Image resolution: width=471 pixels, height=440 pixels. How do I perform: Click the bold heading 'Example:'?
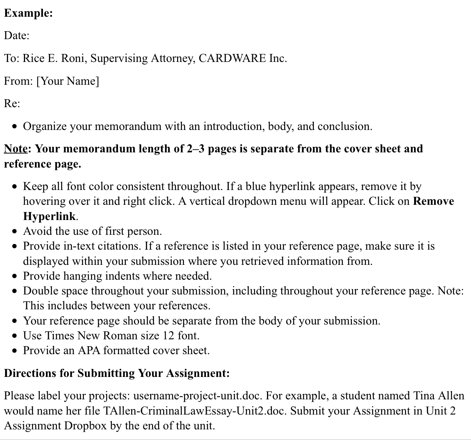28,13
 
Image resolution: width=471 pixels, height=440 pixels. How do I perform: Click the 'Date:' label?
17,36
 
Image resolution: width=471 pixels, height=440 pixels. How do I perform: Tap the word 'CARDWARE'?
232,58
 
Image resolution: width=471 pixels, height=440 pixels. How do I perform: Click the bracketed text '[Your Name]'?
68,81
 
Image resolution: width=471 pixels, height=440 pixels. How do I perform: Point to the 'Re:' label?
12,103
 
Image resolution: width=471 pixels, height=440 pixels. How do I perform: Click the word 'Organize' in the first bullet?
45,126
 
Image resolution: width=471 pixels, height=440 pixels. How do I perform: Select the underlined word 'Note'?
16,149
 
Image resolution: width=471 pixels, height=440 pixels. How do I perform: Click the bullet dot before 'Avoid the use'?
14,231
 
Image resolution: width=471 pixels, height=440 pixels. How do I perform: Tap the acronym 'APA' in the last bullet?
89,350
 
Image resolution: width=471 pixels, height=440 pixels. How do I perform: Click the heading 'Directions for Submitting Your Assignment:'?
117,373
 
